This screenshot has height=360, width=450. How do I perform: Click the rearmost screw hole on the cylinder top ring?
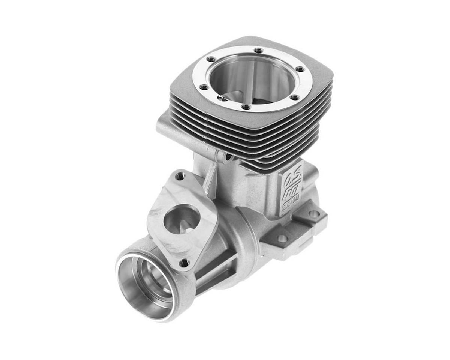(x=258, y=50)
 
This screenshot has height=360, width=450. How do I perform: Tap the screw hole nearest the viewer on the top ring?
(x=246, y=107)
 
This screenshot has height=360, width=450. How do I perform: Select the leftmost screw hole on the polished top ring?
(x=204, y=87)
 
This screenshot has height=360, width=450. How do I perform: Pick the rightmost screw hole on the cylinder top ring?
(x=300, y=69)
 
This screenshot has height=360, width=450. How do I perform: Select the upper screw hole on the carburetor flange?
(x=180, y=175)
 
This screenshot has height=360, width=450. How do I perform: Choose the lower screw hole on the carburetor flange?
(x=184, y=263)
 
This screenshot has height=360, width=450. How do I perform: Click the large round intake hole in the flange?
(x=180, y=219)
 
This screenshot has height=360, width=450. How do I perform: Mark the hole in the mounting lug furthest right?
(x=314, y=214)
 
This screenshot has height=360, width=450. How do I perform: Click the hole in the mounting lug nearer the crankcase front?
(x=282, y=238)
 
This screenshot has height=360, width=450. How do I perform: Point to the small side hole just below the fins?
(x=228, y=158)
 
